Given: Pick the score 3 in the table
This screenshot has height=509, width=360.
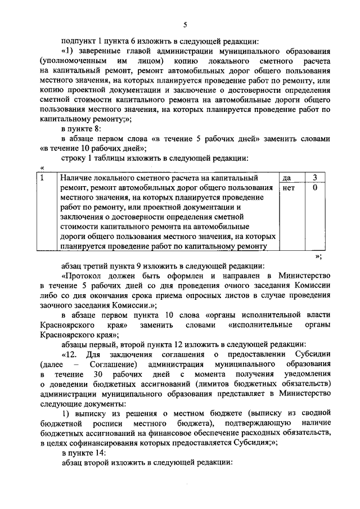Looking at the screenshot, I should [315, 178].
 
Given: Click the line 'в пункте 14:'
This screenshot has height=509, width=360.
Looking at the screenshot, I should [85, 452].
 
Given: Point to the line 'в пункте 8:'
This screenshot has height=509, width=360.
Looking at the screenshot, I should [83, 129].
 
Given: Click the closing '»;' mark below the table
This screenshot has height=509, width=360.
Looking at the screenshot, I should [318, 256].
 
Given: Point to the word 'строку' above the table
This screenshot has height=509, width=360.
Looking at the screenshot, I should [74, 159].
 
